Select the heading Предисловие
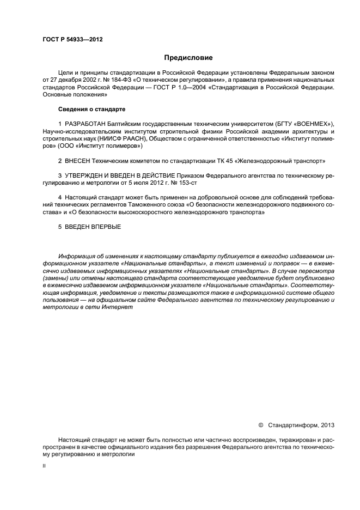[x=188, y=57]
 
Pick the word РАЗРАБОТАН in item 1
[x=84, y=124]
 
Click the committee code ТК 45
[x=228, y=161]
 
